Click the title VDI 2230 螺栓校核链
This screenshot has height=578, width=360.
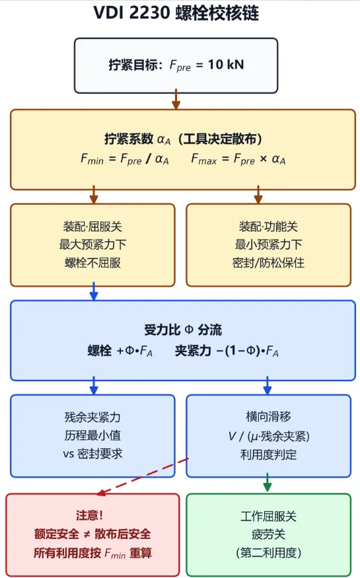click(x=176, y=13)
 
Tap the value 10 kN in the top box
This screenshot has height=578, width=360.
click(x=226, y=65)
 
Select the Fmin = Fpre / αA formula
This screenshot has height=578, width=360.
click(x=125, y=159)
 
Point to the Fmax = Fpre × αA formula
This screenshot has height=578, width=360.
click(x=238, y=159)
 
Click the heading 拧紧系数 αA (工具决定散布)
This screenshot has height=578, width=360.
click(x=183, y=139)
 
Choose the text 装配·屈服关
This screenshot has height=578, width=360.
click(x=92, y=227)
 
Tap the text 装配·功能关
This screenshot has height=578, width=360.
click(x=268, y=227)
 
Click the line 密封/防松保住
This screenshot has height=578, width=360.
click(x=268, y=263)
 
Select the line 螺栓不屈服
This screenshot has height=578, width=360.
click(x=92, y=263)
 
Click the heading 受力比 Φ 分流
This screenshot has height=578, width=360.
click(x=183, y=330)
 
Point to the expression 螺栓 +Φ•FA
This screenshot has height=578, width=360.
click(x=120, y=351)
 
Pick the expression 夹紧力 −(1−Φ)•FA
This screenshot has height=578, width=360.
click(x=227, y=351)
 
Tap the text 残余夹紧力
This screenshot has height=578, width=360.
click(x=92, y=417)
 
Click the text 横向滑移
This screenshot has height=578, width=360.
click(x=268, y=417)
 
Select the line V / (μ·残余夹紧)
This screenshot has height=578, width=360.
click(x=269, y=437)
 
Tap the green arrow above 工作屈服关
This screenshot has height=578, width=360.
click(x=268, y=482)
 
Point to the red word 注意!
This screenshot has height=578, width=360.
click(x=89, y=515)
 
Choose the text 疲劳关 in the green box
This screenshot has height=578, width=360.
click(x=268, y=534)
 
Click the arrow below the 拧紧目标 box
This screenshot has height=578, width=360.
click(x=176, y=99)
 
